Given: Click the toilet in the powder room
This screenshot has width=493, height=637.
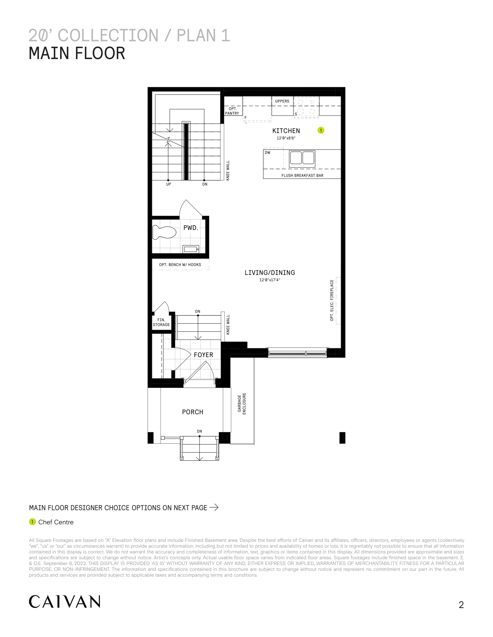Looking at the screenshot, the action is pos(165,232).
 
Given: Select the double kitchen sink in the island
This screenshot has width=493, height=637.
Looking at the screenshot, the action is pos(302,159).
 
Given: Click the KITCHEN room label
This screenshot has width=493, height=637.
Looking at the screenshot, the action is pos(286,131).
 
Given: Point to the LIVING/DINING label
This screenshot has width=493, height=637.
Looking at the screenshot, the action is pos(270,273).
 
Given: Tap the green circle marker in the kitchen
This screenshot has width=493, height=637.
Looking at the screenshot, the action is pos(321,130).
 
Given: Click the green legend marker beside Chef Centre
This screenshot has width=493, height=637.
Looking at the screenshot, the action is pos(32,522).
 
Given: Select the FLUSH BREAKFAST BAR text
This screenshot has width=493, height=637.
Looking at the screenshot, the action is pos(302,176).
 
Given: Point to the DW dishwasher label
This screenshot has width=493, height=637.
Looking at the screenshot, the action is pos(268,152).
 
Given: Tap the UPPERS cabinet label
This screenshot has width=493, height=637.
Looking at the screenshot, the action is pos(282,101).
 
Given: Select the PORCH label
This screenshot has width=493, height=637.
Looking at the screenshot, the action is pos(193,412).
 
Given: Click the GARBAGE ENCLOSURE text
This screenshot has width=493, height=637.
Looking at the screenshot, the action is pos(242,404).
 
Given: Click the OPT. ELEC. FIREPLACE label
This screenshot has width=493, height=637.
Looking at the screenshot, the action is pos(332,300).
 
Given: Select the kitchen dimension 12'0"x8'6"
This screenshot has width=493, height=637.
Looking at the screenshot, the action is pos(286,138).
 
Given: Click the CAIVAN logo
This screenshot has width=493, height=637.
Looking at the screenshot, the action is pos(65,601).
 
